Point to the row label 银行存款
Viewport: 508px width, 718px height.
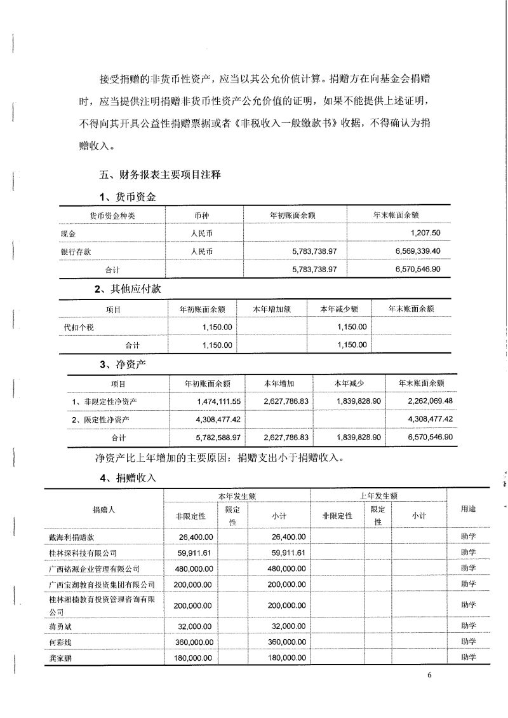(71, 251)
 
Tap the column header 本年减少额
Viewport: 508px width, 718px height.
(339, 308)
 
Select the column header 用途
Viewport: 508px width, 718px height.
(468, 509)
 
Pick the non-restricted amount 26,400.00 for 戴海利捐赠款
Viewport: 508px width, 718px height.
(196, 537)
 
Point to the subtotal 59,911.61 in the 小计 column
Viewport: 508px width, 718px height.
(286, 553)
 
